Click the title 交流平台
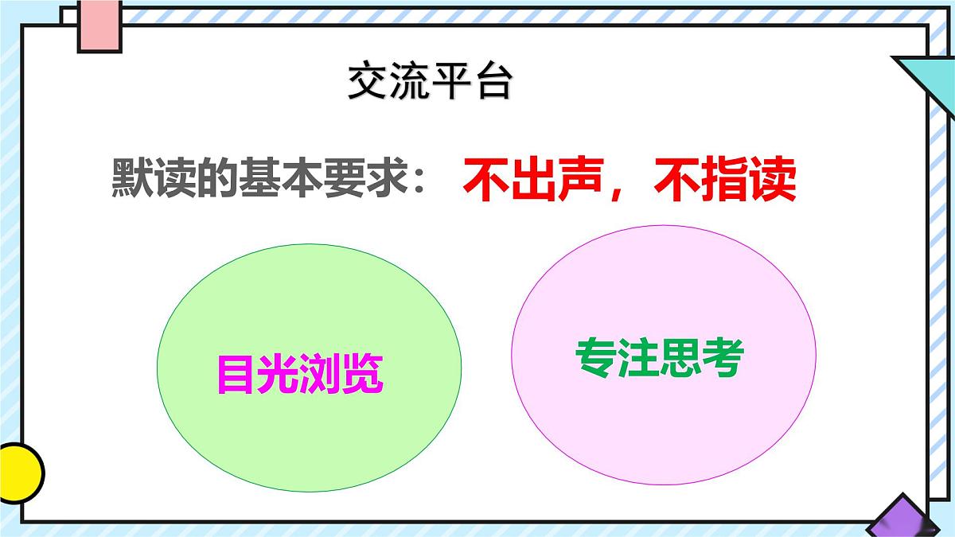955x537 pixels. coord(429,82)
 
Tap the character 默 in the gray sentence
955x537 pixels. coord(132,182)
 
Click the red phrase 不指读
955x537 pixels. coord(724,182)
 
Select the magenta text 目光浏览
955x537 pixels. coord(300,374)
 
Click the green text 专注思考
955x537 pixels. coord(659,358)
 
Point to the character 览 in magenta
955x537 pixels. coord(363,374)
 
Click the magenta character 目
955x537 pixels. coord(236,374)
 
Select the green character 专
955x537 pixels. coord(595,358)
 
